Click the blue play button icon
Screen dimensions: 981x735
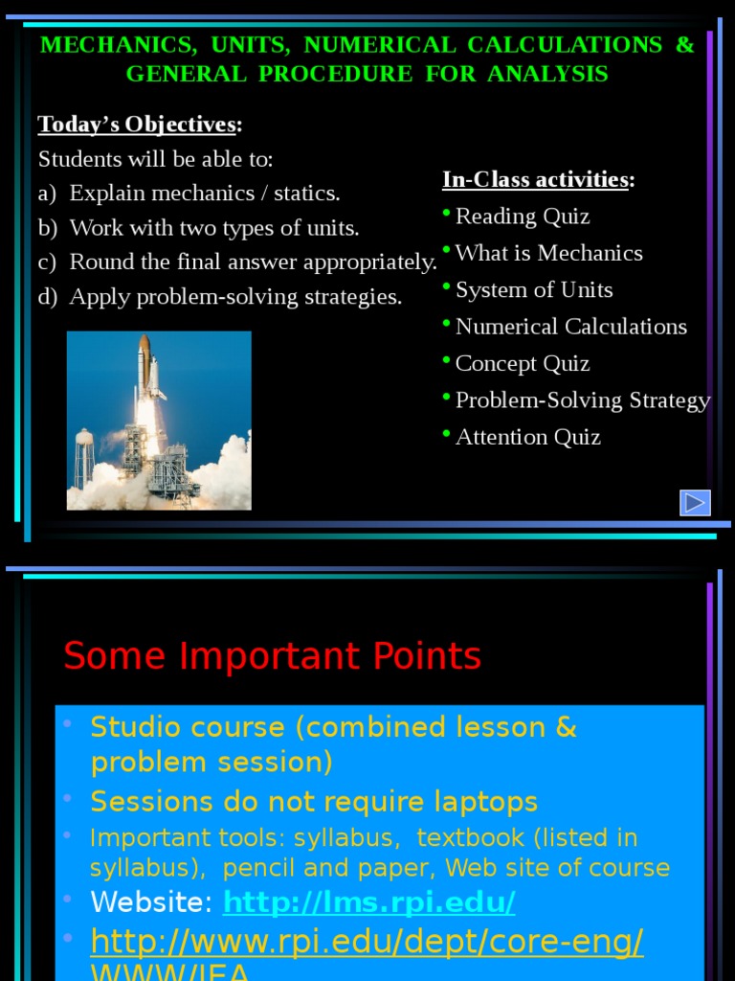(695, 503)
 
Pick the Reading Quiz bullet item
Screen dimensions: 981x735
(523, 217)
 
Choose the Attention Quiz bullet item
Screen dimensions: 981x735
(527, 437)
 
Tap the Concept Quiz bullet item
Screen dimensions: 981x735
(523, 364)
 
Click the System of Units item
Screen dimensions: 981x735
(534, 290)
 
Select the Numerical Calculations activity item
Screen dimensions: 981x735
(571, 327)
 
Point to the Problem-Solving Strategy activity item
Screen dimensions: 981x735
(583, 400)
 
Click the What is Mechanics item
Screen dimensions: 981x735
(548, 254)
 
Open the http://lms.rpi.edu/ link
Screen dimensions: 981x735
(369, 902)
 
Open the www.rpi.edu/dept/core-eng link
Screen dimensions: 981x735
(367, 943)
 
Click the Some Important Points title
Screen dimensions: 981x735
(272, 657)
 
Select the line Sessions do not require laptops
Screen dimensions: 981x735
(314, 802)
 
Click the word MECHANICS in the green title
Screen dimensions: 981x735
(114, 45)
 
